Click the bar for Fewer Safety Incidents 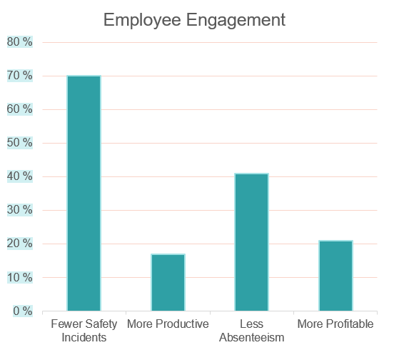84,193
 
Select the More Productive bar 168,282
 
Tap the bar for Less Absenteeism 251,241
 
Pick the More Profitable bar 335,275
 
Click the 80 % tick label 19,42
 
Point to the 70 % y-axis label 19,76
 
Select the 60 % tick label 19,109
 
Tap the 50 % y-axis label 19,143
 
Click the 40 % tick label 19,176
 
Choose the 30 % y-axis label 19,210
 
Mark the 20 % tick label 19,244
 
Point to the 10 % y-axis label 19,277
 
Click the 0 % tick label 22,311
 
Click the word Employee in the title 145,20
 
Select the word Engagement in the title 238,20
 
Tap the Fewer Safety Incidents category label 84,331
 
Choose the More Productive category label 168,324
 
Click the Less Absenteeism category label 251,331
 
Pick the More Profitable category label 335,324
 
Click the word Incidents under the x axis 84,337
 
